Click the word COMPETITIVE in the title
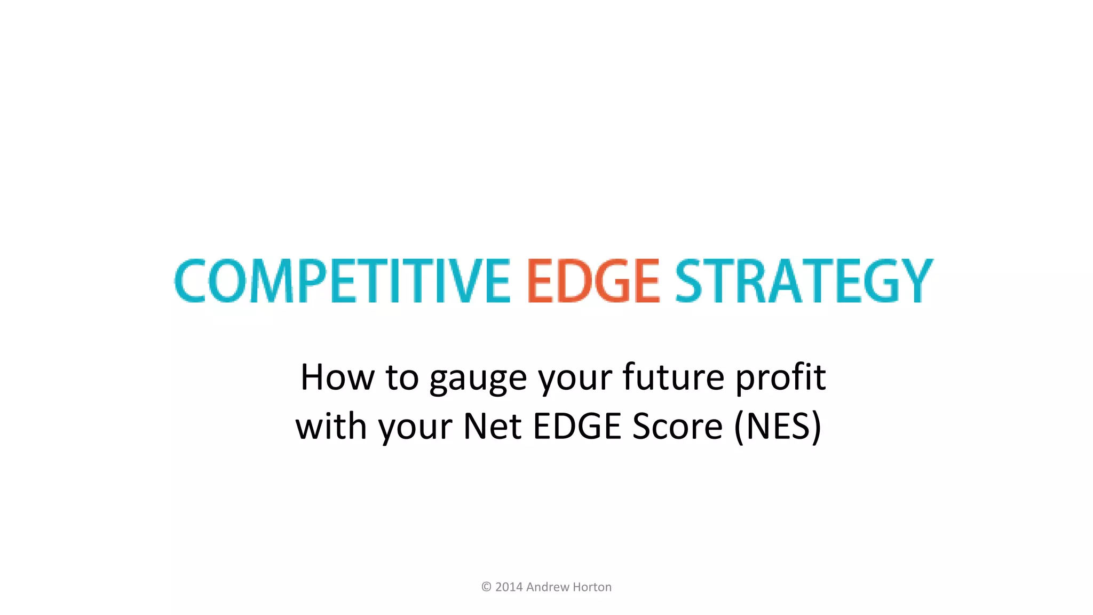coord(342,281)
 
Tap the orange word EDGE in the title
coord(593,281)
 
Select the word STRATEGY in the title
coord(804,281)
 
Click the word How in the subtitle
coord(337,377)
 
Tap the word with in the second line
coord(331,427)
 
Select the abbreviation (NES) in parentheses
coord(778,427)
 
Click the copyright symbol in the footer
coord(486,587)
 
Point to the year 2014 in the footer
coord(509,587)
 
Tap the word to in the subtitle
coord(402,377)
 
